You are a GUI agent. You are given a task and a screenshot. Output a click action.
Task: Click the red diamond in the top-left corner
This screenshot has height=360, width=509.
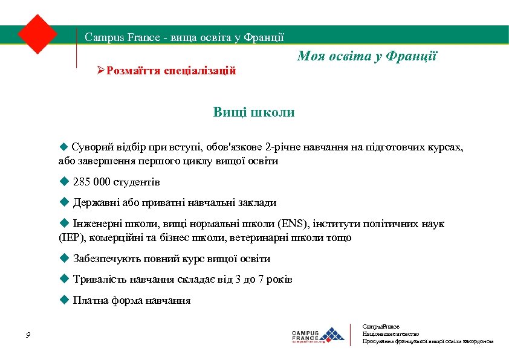pos(37,34)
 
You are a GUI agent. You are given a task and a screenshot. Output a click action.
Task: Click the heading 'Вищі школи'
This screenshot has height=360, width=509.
pos(254,112)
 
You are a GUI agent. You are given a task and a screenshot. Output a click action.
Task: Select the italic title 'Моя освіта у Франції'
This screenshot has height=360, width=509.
pos(367,57)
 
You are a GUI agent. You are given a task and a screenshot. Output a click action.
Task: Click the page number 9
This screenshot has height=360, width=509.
pos(28,336)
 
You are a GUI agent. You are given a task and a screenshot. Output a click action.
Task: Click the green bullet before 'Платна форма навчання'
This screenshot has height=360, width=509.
pos(65,300)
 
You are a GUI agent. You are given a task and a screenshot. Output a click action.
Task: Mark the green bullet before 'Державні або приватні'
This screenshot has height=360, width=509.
pos(65,203)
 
